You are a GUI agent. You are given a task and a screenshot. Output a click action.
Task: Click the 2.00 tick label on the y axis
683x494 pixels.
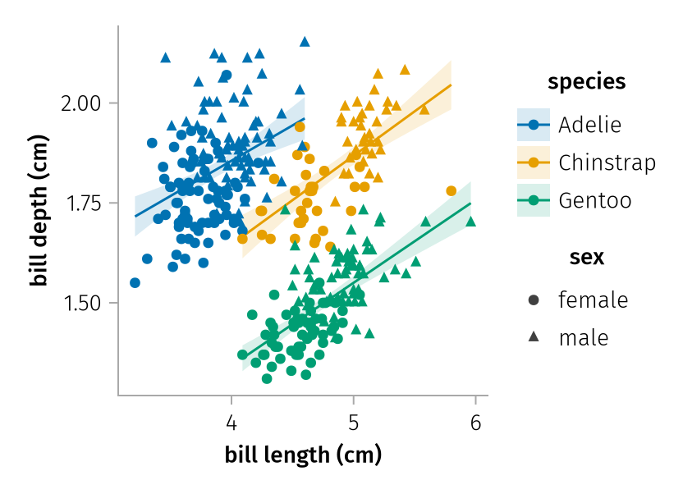point(80,103)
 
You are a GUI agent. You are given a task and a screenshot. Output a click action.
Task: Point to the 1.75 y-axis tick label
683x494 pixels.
point(80,203)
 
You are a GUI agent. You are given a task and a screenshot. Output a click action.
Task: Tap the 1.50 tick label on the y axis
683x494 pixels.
point(80,303)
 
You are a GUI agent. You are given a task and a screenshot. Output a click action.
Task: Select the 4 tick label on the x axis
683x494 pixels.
point(231,423)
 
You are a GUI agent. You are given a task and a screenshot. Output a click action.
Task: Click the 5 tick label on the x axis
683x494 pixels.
point(354,423)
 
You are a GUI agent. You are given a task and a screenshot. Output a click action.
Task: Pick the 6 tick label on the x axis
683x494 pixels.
point(475,423)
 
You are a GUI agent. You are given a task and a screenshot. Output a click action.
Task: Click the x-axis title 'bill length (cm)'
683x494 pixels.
point(303,455)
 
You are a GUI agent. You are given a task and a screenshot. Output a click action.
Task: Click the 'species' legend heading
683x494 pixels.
point(587,82)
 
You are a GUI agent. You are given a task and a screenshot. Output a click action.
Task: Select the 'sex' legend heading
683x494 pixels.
point(587,258)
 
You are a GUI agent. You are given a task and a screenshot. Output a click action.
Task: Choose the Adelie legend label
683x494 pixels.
point(589,125)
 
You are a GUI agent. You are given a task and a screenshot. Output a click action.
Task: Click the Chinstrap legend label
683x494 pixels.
point(607,162)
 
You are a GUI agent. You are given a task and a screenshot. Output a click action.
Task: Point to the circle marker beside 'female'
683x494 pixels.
point(534,300)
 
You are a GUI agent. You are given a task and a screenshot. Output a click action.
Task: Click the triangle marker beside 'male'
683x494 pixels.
point(534,337)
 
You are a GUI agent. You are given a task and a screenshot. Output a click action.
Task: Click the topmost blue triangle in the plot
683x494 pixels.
point(305,41)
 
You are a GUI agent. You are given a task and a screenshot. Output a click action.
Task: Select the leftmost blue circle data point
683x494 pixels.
point(135,283)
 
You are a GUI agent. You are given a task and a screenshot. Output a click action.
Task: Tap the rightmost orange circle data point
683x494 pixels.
point(451,191)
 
